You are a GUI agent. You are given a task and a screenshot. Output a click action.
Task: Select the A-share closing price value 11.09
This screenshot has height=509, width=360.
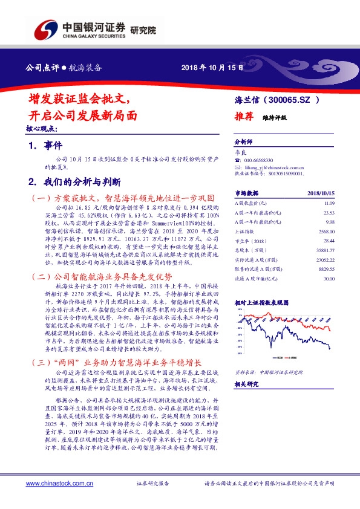coord(329,204)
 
